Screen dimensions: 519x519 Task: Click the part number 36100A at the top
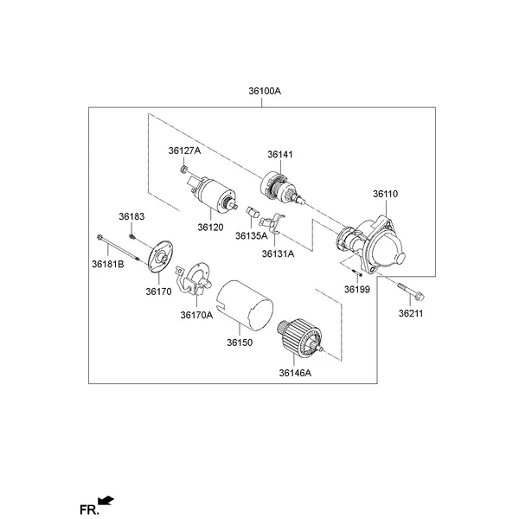pos(265,90)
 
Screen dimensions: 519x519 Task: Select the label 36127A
pos(184,151)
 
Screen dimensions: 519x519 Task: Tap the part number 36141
pos(279,154)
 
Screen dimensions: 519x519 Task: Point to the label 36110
pos(385,194)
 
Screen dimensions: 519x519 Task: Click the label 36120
pos(210,227)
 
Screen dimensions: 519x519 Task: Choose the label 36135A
pos(252,234)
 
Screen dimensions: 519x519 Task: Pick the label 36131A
pos(279,254)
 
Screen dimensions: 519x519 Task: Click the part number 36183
pos(131,215)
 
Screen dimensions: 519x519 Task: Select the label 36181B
pos(108,262)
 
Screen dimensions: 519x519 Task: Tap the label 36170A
pos(196,315)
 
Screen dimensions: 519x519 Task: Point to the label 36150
pos(239,343)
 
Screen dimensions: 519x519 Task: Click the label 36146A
pos(295,373)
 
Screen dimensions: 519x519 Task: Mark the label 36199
pos(356,289)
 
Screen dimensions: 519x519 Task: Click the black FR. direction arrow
pos(106,499)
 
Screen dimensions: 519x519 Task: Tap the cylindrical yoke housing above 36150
pos(244,304)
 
